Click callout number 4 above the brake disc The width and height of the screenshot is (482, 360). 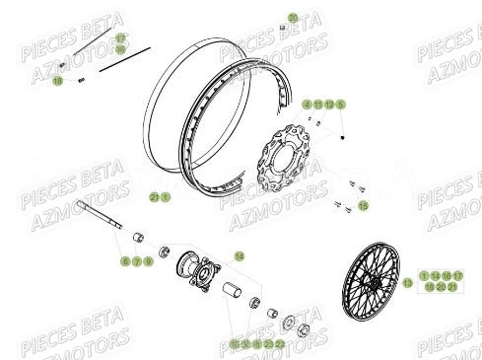coord(307,104)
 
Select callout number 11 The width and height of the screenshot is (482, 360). coord(318,104)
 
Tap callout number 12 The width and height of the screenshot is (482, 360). coord(330,104)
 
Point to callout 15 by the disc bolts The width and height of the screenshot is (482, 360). coord(364,205)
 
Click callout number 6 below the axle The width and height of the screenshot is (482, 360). coord(125,261)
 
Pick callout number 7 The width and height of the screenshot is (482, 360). coord(136,261)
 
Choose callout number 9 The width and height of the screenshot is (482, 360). coord(148,261)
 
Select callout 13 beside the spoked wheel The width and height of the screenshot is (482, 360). coord(407,282)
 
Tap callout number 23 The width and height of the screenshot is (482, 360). coord(268,343)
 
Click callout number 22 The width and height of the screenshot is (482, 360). coord(280,343)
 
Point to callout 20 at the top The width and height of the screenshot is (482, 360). coord(293,18)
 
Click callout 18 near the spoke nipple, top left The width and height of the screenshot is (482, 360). coord(57,81)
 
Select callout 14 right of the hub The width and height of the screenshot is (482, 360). coord(238,255)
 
